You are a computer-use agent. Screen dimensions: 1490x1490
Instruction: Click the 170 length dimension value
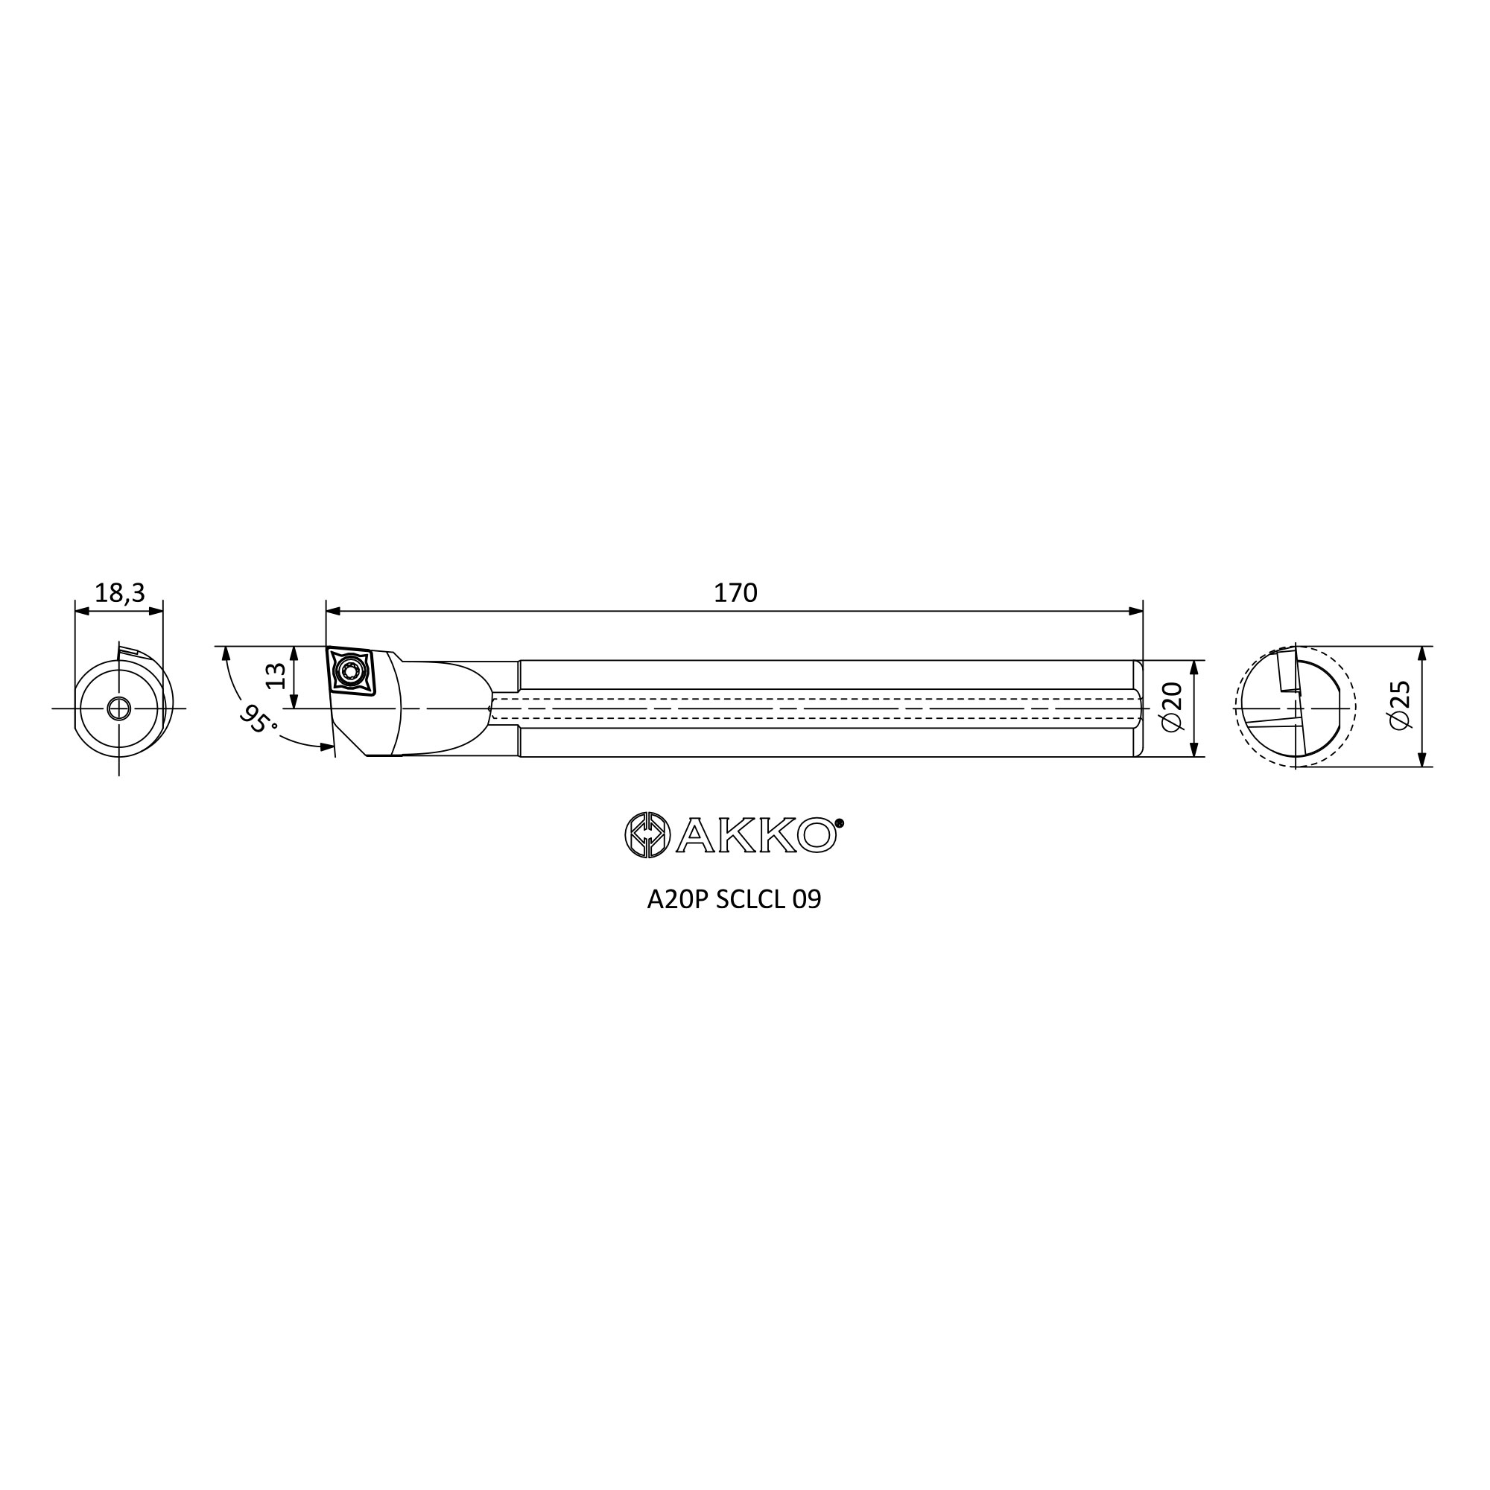click(735, 592)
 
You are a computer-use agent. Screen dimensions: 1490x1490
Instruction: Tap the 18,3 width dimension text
click(119, 592)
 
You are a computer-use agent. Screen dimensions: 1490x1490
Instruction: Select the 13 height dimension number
click(276, 676)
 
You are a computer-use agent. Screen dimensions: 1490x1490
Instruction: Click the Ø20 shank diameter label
click(1170, 707)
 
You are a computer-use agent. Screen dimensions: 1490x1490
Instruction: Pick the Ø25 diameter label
click(1398, 705)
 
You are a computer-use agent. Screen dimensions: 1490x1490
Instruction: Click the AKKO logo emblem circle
click(646, 834)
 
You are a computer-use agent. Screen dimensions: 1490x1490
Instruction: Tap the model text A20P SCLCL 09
click(735, 900)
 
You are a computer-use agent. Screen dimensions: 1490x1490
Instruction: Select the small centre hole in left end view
click(118, 708)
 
